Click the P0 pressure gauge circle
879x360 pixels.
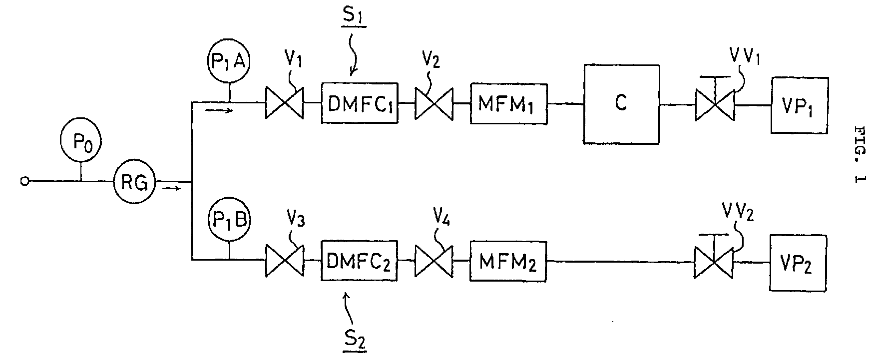point(80,142)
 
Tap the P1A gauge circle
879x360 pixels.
point(230,63)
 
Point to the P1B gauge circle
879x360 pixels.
point(229,221)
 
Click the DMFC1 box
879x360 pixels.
point(360,103)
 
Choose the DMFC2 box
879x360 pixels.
point(360,262)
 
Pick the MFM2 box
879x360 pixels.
point(508,261)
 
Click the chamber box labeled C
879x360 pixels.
point(621,104)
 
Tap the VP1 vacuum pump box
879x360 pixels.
point(800,105)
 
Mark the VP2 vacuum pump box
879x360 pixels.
point(798,263)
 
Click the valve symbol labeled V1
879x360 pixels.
point(284,103)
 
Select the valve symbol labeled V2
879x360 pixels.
point(434,103)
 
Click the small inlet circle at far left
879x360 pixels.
point(23,181)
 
